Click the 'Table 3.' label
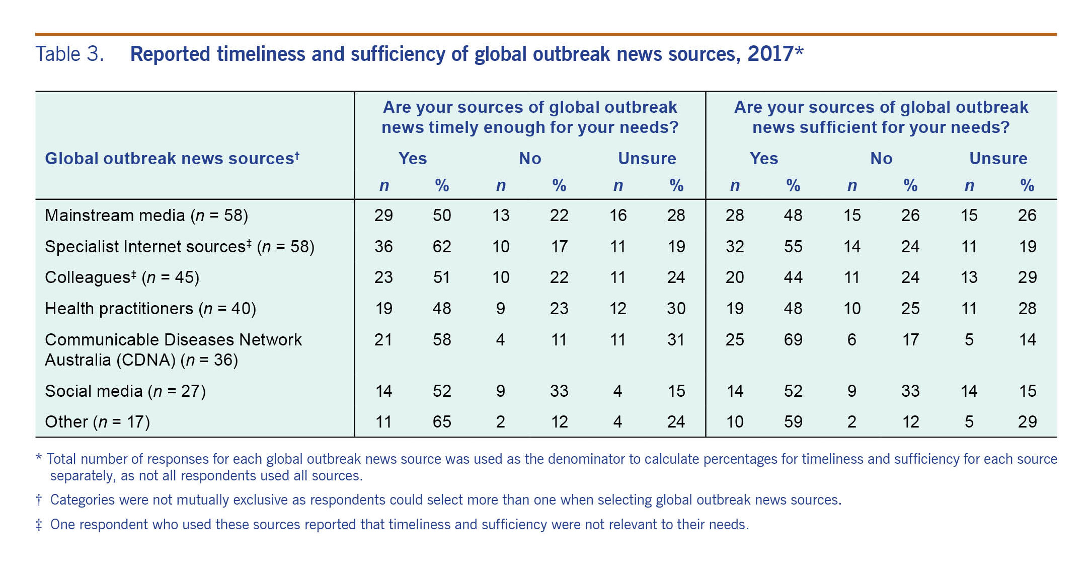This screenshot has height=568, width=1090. coord(69,54)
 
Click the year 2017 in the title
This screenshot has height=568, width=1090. coord(770,54)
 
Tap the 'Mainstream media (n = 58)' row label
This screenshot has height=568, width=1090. coord(146,216)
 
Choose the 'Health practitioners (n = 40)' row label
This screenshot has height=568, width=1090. coord(150,309)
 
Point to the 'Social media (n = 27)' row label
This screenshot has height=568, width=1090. coord(125,391)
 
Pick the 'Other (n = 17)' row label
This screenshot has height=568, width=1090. coord(98,422)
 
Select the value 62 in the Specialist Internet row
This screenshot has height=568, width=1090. coord(442,247)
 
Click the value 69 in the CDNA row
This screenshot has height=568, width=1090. coord(793,340)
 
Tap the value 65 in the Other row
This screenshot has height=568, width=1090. coord(442,422)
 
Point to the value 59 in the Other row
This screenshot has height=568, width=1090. coord(793,422)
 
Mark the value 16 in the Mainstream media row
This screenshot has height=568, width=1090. coord(618,216)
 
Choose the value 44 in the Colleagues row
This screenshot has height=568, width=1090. coord(793,277)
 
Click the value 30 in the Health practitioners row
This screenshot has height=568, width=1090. coord(676,309)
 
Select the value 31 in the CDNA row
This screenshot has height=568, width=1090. coord(676,340)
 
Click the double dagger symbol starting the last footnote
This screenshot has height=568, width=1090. coord(39,525)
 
